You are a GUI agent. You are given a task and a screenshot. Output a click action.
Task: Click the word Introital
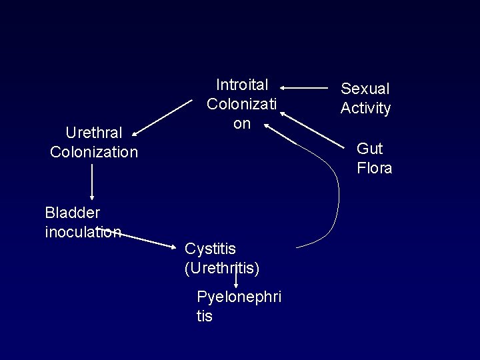tap(242, 85)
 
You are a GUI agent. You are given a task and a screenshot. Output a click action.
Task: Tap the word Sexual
tap(365, 89)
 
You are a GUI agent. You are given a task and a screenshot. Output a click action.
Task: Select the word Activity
tap(365, 108)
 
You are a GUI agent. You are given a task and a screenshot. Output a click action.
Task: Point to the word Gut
tap(369, 148)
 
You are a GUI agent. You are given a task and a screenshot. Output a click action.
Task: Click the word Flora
tap(374, 168)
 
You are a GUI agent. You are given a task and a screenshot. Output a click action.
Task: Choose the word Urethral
tap(93, 132)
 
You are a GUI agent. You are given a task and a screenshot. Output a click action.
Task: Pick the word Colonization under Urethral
tap(94, 152)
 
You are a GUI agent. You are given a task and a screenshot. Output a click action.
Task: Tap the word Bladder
tap(72, 213)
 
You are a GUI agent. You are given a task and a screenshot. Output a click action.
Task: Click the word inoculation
tap(83, 232)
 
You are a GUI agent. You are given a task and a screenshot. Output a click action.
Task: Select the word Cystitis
tap(210, 249)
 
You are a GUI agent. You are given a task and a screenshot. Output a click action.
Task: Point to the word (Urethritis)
tap(221, 268)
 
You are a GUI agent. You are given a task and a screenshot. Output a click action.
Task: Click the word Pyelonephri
tap(239, 297)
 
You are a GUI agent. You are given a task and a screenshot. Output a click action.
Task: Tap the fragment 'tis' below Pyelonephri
tap(205, 316)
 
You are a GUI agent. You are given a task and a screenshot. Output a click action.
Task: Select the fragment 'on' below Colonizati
tap(241, 124)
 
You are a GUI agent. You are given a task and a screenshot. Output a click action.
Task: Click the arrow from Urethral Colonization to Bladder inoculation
tap(92, 181)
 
